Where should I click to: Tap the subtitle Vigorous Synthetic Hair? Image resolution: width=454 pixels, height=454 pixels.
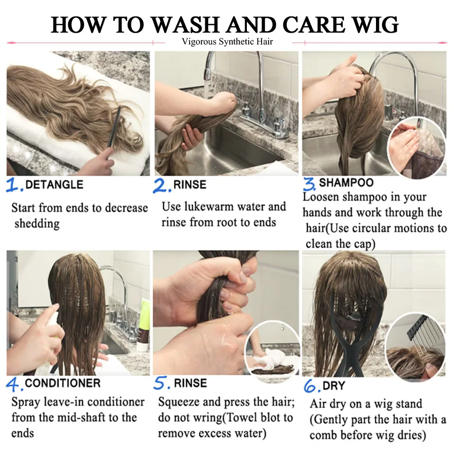[227, 42]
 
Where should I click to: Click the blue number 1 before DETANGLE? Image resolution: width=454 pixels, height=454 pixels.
[12, 185]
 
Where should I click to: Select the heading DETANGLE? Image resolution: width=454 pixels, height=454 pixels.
[54, 184]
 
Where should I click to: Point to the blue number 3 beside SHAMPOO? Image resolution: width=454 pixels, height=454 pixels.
[309, 184]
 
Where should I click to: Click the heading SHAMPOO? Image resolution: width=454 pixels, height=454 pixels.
[346, 183]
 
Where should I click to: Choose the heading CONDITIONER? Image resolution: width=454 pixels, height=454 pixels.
[62, 383]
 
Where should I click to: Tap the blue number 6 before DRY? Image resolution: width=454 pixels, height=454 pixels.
[310, 386]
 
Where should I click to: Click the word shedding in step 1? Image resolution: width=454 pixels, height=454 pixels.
[37, 224]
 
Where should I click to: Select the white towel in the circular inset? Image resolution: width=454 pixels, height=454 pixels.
[271, 358]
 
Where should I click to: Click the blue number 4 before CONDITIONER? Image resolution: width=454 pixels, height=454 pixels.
[13, 384]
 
